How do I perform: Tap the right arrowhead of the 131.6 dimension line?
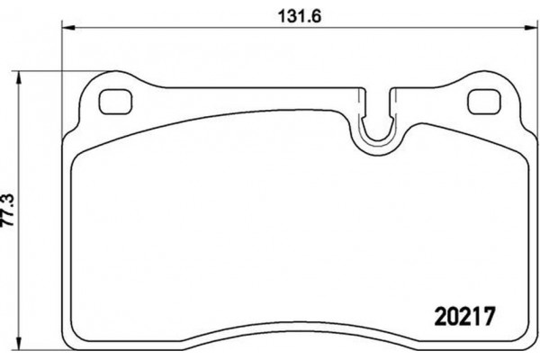coord(532,31)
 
